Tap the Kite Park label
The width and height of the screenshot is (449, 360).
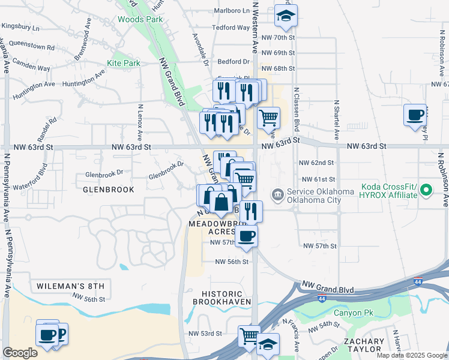123,62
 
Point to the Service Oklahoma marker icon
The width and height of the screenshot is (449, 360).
277,194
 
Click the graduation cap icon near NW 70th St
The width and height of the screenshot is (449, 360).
286,17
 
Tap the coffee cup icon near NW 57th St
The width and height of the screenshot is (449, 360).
246,236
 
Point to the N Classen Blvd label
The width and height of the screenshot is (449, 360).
297,109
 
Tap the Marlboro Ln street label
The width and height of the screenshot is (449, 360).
232,11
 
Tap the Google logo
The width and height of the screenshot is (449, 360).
20,353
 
